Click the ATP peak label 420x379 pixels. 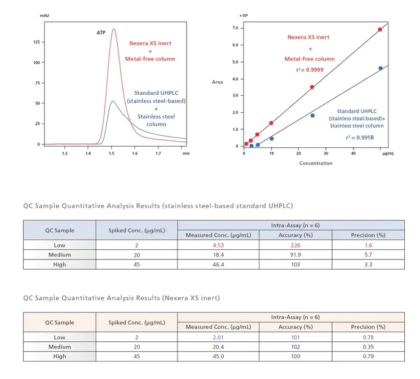pos(101,33)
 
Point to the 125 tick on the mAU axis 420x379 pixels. pos(37,42)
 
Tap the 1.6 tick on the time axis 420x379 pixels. pos(135,153)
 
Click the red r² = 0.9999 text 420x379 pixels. pos(310,70)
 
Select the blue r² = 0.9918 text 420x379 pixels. pos(360,138)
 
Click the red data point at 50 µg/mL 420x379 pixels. pos(380,29)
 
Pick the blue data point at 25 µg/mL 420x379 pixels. pos(312,116)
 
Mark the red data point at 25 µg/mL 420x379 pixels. pos(312,87)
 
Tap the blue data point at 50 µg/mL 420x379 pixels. pos(381,68)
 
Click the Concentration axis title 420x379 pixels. pos(316,163)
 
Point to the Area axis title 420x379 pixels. pos(217,82)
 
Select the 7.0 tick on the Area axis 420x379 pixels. pos(235,28)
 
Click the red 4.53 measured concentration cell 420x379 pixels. pos(218,245)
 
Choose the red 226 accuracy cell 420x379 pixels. pos(295,245)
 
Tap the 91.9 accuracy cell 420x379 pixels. pos(295,255)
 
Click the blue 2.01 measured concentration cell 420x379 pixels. pos(218,337)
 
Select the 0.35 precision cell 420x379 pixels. pos(368,347)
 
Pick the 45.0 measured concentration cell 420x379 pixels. pos(218,356)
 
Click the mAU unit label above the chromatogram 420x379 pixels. pos(45,16)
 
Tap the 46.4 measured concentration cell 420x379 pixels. pos(218,265)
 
